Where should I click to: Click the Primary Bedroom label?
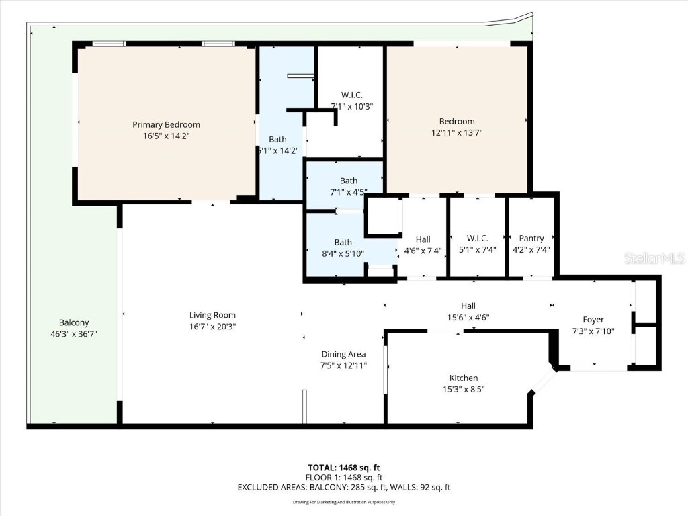coord(166,124)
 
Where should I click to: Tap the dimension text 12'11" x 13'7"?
coord(457,132)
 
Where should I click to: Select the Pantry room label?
coord(531,239)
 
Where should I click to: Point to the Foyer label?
coord(593,320)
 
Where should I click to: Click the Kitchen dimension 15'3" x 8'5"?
coord(464,389)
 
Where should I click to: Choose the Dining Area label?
coord(343,354)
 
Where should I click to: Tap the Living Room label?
coord(212,315)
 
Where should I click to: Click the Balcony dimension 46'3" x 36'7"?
coord(74,333)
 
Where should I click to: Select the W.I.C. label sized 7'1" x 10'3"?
coord(351,95)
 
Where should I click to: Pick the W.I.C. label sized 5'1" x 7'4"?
coord(477,239)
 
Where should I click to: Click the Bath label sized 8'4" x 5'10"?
coord(343,242)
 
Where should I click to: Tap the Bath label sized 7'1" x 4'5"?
coord(348,181)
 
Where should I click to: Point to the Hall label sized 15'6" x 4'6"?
coord(468,306)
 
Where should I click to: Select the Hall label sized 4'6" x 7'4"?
coord(423,239)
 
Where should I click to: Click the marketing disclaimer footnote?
coord(344,502)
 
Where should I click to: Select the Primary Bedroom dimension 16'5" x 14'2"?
coord(166,135)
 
